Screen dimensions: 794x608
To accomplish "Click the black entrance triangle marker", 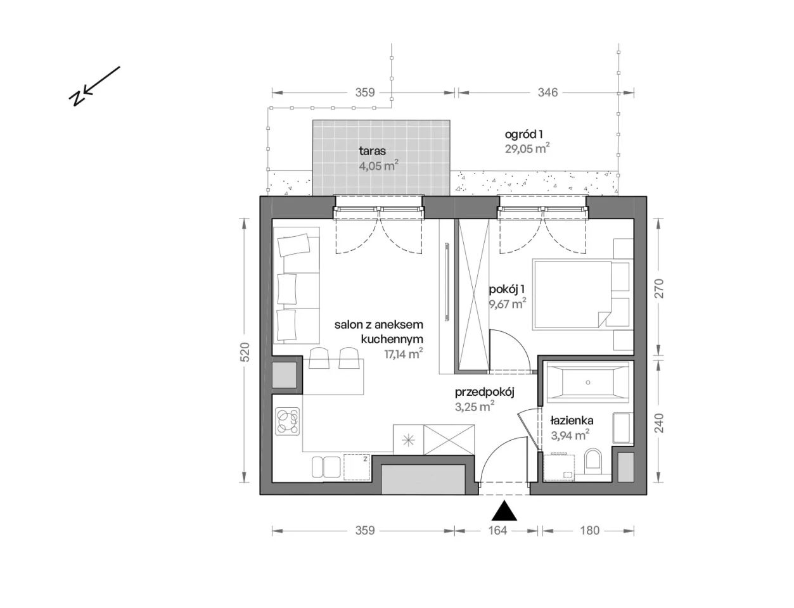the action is (504, 511).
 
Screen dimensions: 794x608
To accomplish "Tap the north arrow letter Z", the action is (77, 98).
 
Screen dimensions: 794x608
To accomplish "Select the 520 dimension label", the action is (245, 352).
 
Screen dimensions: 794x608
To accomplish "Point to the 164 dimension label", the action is (498, 531).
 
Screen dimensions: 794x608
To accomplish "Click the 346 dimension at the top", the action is (547, 92).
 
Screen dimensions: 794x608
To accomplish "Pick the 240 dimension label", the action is (659, 423).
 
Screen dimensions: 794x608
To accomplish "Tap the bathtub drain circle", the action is (587, 383).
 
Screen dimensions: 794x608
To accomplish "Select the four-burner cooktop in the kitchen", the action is (288, 421).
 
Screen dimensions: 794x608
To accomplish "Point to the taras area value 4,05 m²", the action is (378, 166).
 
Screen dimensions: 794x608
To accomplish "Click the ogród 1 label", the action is (523, 134).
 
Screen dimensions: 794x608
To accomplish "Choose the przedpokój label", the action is (485, 393).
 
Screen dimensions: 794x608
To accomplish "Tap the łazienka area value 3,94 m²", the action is (570, 435).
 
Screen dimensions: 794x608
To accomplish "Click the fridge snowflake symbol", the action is (408, 441).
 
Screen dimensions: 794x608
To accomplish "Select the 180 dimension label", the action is (589, 531).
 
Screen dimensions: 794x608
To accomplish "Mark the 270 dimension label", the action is (659, 288).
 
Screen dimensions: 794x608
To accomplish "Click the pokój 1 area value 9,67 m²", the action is (508, 303).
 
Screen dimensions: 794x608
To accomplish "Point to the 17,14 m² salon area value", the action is (404, 353).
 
